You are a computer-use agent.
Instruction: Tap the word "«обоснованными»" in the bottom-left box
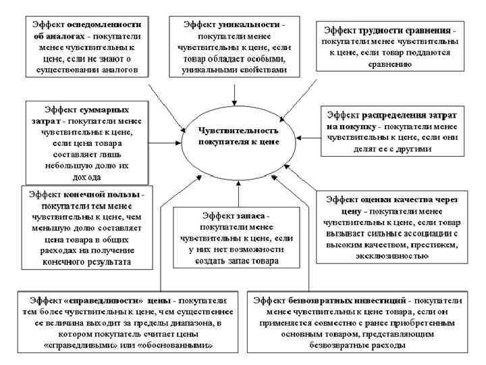(x=180, y=345)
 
